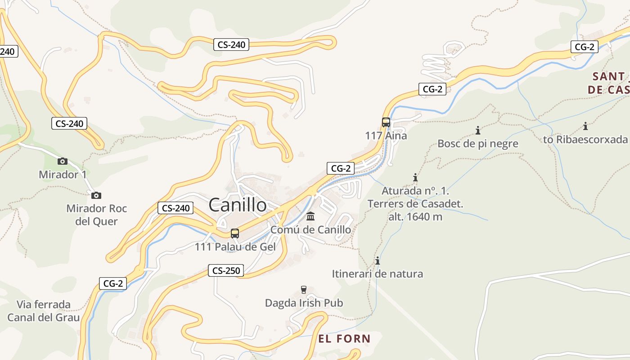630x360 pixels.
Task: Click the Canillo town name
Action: [x=238, y=205]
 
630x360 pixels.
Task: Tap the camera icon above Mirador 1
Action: [x=63, y=161]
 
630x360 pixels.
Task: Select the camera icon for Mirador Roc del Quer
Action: [x=96, y=195]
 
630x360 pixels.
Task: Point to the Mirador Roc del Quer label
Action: [x=96, y=215]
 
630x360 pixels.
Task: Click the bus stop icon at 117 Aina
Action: [x=386, y=122]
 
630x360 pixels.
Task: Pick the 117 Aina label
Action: [x=386, y=135]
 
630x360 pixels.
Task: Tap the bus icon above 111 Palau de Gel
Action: [x=234, y=233]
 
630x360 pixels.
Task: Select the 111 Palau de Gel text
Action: [x=235, y=247]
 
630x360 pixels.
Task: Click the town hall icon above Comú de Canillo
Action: [x=310, y=216]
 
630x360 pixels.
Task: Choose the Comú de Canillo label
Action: [x=310, y=229]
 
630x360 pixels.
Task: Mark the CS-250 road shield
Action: [x=226, y=270]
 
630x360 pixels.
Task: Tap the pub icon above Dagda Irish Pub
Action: [x=304, y=289]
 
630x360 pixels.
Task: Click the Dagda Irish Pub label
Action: [x=304, y=303]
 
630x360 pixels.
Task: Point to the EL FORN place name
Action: [x=344, y=338]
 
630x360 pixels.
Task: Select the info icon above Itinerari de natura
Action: [x=378, y=261]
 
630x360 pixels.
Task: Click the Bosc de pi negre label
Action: [x=478, y=144]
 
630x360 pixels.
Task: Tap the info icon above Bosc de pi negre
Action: [x=478, y=130]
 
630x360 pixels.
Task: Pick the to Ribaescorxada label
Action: [x=585, y=139]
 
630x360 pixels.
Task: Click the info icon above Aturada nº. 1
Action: [x=415, y=177]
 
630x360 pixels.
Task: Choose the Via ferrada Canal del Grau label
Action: [x=44, y=311]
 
